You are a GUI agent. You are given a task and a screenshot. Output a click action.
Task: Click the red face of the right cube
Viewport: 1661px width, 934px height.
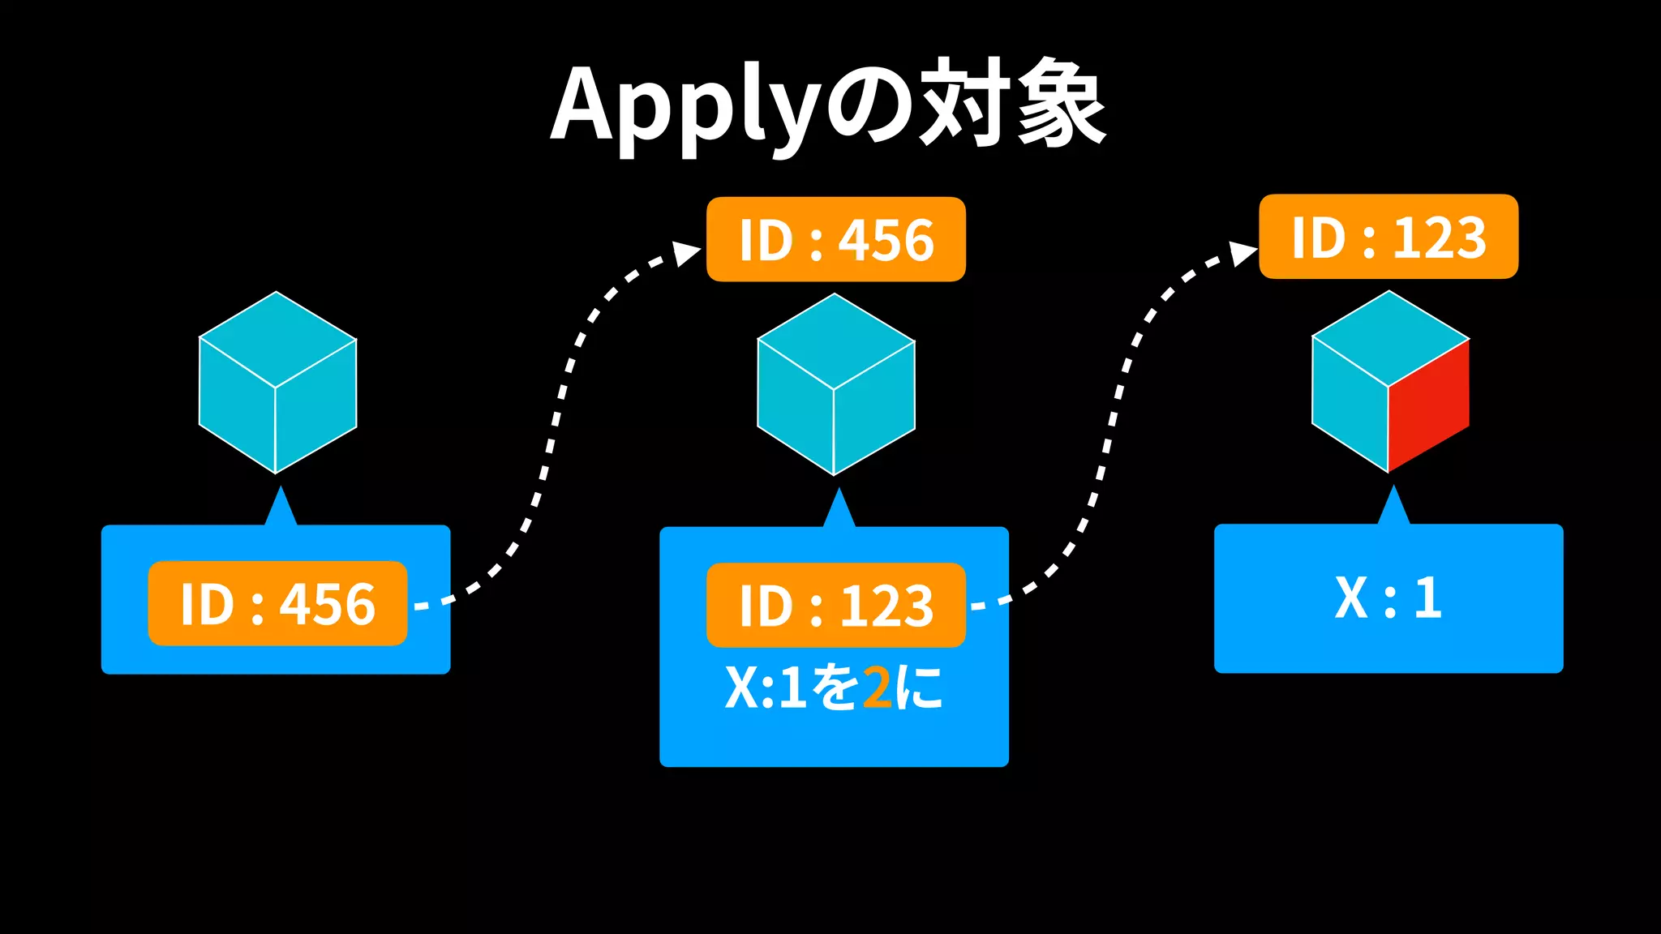(x=1428, y=405)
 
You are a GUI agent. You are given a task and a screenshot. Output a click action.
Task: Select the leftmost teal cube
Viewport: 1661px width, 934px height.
(x=277, y=383)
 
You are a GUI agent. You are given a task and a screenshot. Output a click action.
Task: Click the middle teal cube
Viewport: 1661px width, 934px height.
(x=835, y=384)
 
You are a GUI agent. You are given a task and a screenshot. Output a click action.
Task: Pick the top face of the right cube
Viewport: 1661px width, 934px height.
(x=1390, y=338)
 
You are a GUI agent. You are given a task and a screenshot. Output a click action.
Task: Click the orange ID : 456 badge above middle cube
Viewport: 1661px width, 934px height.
(x=835, y=240)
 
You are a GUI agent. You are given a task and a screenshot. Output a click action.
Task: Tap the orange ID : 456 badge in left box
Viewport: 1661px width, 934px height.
(x=277, y=604)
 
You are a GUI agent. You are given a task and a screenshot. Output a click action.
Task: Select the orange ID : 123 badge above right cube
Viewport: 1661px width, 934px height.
(x=1388, y=237)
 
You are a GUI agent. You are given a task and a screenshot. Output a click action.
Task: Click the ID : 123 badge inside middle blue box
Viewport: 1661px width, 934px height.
(x=835, y=606)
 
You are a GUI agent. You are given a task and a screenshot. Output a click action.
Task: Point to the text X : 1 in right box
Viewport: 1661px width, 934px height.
(x=1388, y=598)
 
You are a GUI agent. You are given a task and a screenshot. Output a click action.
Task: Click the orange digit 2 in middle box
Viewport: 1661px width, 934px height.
(x=877, y=688)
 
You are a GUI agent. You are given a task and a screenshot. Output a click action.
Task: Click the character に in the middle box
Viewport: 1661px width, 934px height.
(x=919, y=688)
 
